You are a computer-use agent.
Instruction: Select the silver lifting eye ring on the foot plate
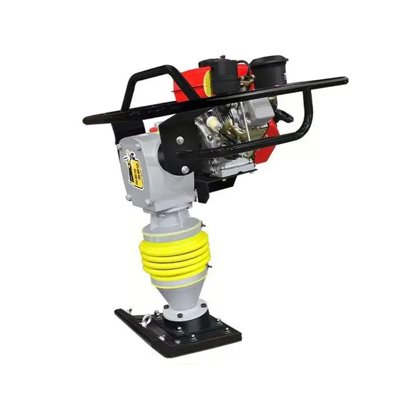147,319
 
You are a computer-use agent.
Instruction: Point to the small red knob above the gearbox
153,130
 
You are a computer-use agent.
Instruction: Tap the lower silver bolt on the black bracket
185,170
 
